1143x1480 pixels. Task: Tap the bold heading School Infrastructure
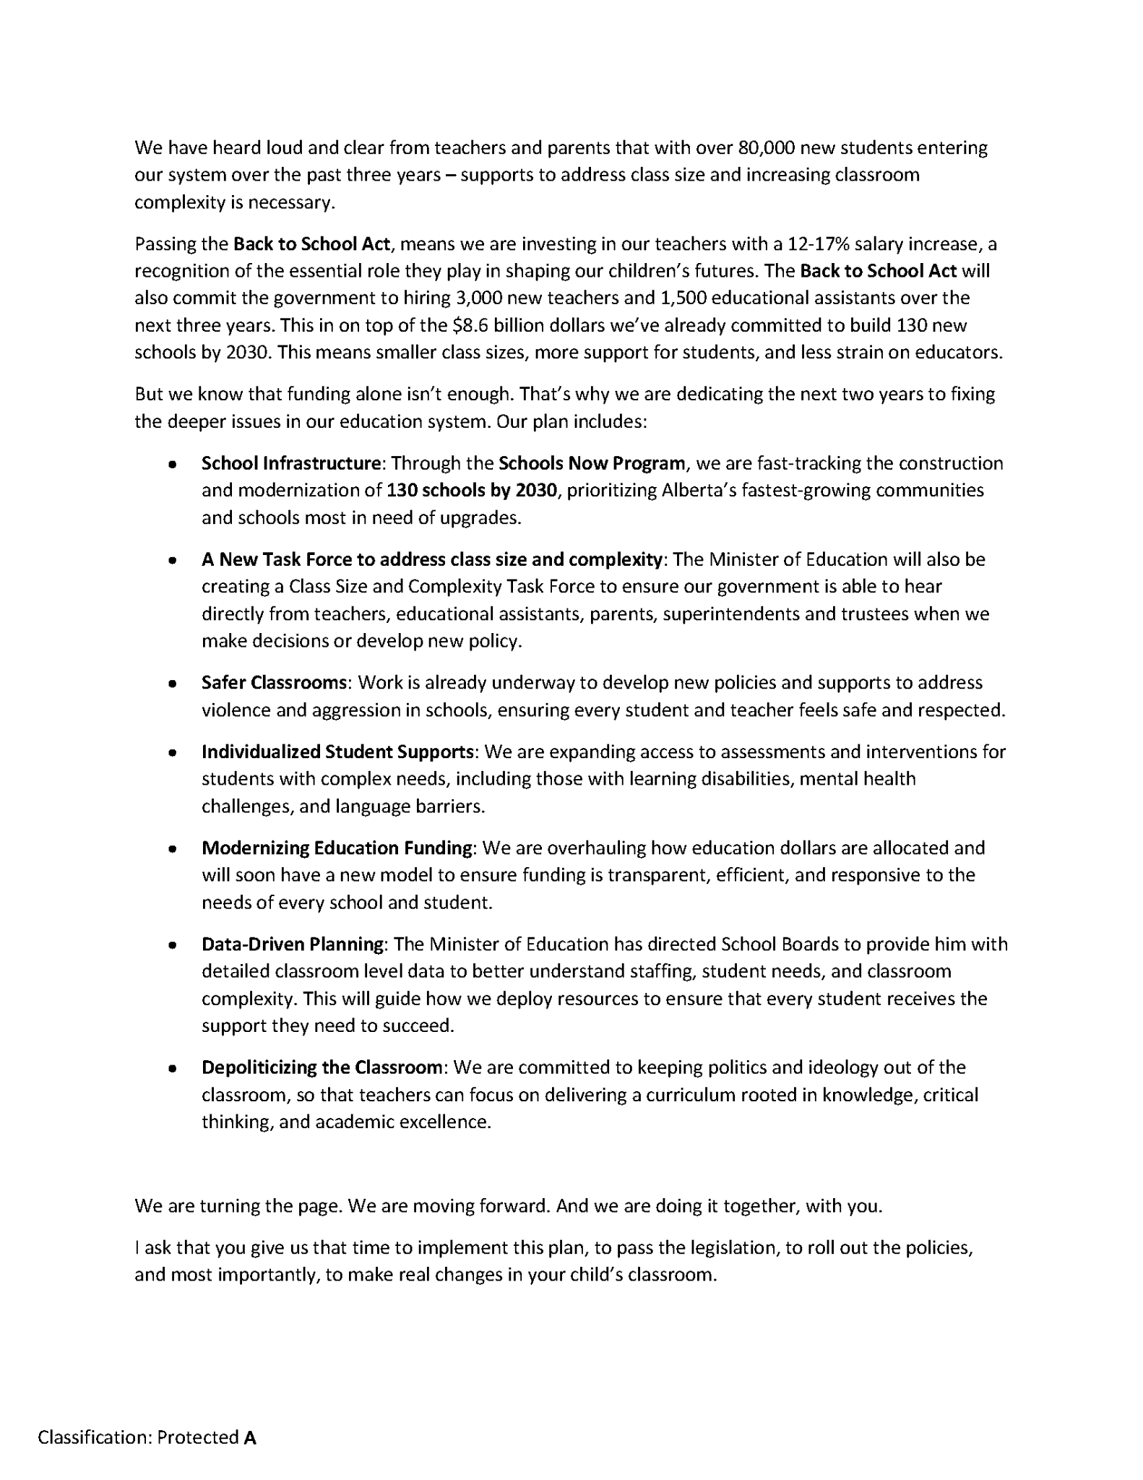click(x=290, y=463)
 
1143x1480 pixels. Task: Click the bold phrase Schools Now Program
click(x=592, y=463)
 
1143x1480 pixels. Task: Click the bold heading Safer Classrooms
click(x=274, y=683)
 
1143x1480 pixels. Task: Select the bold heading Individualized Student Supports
click(x=337, y=752)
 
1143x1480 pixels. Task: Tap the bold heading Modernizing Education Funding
click(x=337, y=848)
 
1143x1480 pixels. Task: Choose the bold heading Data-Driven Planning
click(x=292, y=945)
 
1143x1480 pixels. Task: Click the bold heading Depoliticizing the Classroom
click(x=322, y=1067)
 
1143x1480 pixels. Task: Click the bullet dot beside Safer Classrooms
click(x=172, y=684)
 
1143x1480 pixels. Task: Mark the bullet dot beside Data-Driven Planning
click(x=172, y=945)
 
